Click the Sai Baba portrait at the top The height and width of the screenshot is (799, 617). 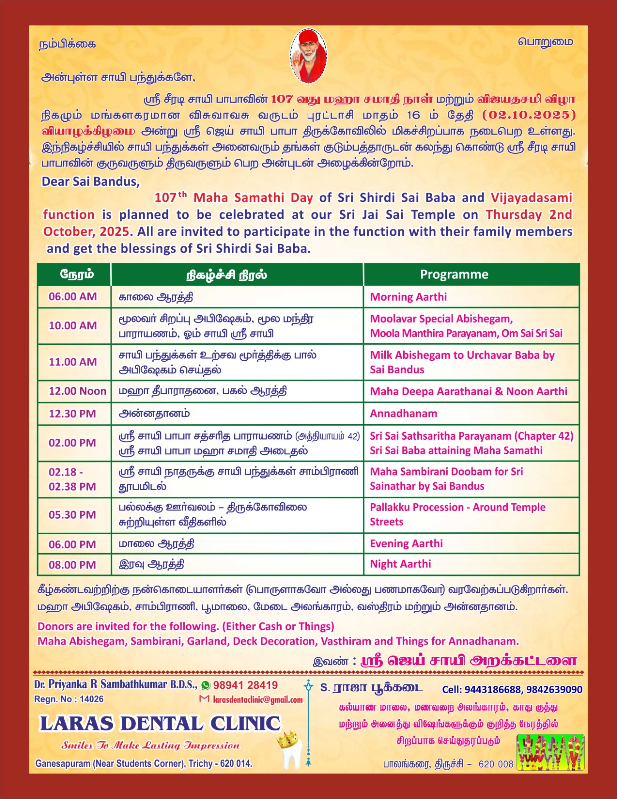coord(308,55)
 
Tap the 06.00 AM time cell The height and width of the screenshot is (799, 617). coord(73,296)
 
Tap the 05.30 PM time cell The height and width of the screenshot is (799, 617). coord(72,515)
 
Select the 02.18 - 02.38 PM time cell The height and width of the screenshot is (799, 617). coord(72,479)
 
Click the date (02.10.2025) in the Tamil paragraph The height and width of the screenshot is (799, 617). coord(529,115)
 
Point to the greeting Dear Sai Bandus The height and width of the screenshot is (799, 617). coord(91,181)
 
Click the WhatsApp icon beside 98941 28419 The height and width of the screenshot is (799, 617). coord(206,685)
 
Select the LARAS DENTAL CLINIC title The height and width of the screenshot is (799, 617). coord(160,723)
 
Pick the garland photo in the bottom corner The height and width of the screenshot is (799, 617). coord(550,752)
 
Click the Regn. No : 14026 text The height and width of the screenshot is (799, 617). coord(69,699)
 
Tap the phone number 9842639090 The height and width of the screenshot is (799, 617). coord(554,689)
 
